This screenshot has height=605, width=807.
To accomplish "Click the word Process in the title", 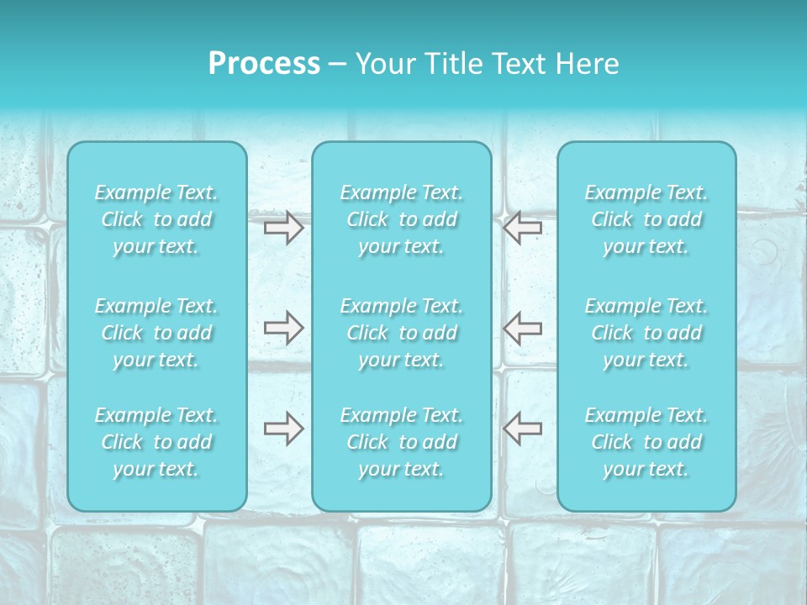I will [264, 64].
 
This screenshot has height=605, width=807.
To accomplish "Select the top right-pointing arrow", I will [284, 228].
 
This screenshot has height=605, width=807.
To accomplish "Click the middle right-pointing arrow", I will [284, 328].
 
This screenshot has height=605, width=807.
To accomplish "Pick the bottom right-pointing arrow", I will [284, 429].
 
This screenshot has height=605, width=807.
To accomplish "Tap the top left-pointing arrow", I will [522, 228].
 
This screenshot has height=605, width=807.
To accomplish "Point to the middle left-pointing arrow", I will [522, 328].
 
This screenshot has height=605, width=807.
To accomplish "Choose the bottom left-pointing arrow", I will [522, 429].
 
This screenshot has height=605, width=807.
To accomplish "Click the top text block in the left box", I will [156, 219].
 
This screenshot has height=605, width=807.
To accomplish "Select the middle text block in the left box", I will [156, 333].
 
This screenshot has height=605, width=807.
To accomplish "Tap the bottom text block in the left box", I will [156, 442].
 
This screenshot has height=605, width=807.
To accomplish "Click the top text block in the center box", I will [402, 219].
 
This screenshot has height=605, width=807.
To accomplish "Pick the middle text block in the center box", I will [402, 333].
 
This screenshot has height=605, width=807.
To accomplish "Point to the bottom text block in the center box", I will [402, 442].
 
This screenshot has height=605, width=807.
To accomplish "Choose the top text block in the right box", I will [646, 219].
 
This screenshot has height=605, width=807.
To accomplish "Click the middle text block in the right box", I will [646, 333].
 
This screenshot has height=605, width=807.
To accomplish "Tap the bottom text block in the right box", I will [646, 442].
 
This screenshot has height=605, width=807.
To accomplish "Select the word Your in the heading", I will [382, 64].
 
